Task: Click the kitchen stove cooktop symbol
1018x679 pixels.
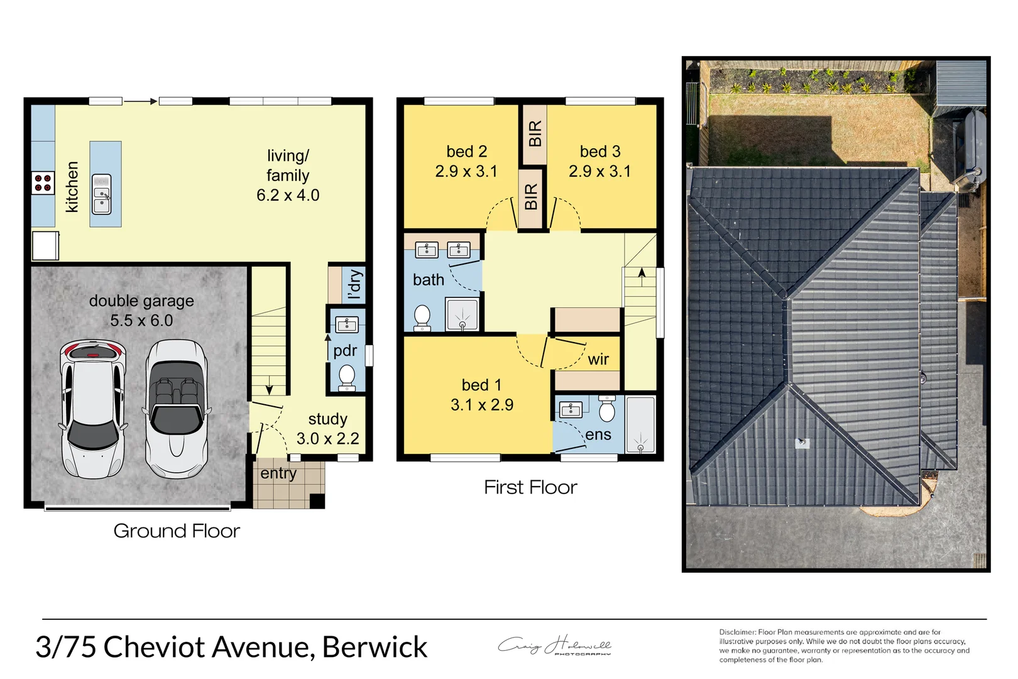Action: pos(43,183)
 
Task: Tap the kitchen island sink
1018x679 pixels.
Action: pos(102,194)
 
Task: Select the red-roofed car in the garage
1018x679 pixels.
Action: pos(92,409)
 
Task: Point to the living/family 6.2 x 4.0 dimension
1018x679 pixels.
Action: pos(288,196)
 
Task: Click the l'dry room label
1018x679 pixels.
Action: pos(354,285)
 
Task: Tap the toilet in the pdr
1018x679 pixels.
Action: pos(347,377)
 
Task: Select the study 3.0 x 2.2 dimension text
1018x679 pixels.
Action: pos(327,439)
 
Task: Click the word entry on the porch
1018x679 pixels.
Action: pos(278,473)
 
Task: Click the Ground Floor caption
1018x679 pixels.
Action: pos(177,531)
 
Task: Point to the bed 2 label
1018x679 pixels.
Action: pos(466,152)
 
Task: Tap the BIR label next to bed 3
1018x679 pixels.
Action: pos(535,133)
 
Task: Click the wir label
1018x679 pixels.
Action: pos(598,360)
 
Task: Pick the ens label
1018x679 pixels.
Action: pos(598,435)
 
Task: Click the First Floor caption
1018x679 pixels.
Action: pos(530,487)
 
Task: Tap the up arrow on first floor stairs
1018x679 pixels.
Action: pos(642,274)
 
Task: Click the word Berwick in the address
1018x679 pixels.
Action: pos(375,648)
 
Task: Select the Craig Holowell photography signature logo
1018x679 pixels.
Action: pos(554,646)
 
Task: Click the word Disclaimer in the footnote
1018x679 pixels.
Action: pos(737,632)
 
